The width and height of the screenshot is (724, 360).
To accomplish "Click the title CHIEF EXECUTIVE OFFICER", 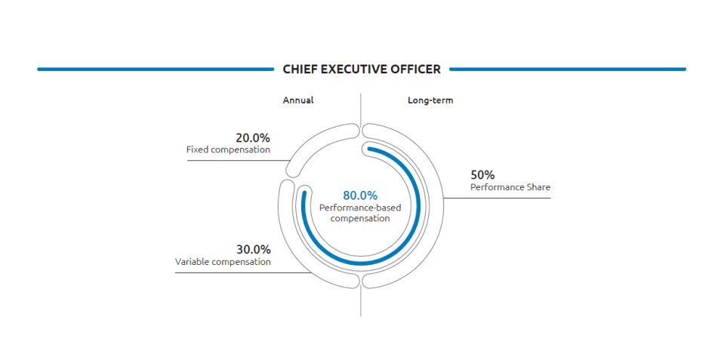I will coord(362,69).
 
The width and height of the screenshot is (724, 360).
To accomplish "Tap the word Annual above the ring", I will coord(298,100).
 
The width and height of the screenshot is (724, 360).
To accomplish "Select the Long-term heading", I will coord(430,100).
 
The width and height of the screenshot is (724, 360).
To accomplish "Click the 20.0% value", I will coord(252,138).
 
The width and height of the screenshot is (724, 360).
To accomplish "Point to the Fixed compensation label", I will coord(228,150).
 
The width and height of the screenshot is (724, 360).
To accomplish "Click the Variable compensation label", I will coord(223,262).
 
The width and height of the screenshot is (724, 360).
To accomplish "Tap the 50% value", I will coord(482,175).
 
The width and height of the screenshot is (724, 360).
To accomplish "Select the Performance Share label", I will coord(510,186).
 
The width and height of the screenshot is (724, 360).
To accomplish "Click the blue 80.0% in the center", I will coord(360,195).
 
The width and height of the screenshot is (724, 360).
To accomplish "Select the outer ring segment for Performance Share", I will coord(438,204).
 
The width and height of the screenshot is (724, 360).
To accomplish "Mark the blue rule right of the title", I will coord(567,69).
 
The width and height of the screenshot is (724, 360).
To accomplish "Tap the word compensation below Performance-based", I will coord(360,219).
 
